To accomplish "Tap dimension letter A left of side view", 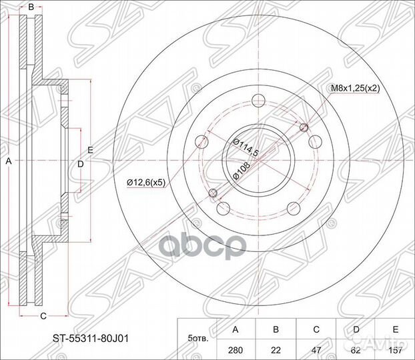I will [x=9, y=162].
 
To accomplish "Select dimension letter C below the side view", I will [x=42, y=315].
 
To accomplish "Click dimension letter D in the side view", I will [x=80, y=163].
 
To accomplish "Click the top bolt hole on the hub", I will [x=257, y=102].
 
